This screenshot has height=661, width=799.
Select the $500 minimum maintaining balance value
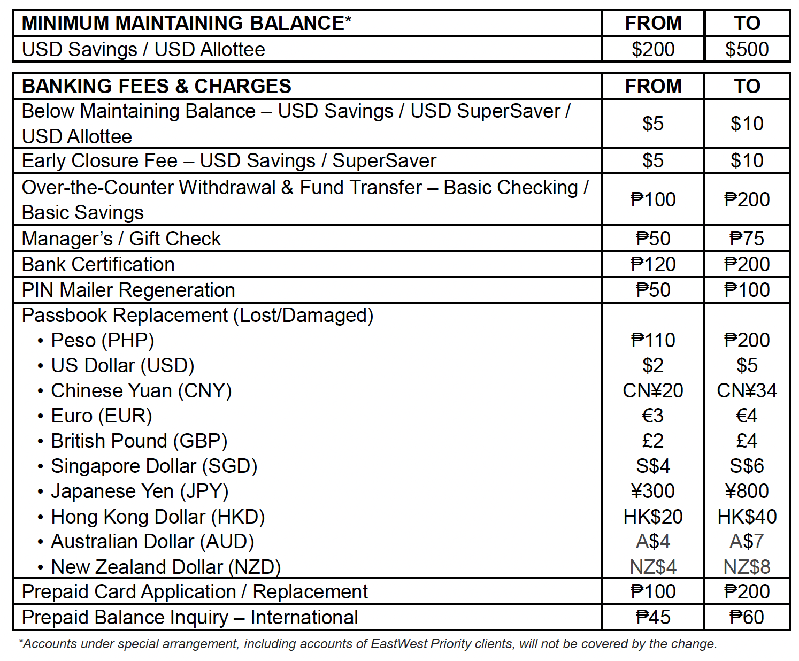point(747,49)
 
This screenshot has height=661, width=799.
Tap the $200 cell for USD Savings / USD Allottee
point(652,49)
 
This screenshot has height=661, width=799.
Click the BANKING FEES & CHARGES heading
point(156,86)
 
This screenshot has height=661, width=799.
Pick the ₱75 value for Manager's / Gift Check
point(747,239)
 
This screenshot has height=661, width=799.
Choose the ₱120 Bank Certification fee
point(652,264)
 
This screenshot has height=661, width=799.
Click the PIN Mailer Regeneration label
point(128,290)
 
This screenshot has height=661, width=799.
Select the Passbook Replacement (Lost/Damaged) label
point(197,316)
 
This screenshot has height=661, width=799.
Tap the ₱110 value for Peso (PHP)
point(652,340)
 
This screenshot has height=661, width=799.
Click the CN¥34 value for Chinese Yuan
point(747,390)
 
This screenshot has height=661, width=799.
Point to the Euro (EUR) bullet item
point(102,416)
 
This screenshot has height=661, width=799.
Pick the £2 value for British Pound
point(652,441)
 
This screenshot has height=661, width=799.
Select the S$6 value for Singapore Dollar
point(747,466)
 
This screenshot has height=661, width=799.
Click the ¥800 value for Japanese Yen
point(747,491)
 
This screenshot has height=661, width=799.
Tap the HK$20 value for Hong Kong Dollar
point(652,517)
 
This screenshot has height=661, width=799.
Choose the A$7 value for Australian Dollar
point(747,542)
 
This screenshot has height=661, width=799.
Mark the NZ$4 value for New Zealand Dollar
point(652,567)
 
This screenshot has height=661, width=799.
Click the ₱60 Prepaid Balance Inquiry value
point(747,617)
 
